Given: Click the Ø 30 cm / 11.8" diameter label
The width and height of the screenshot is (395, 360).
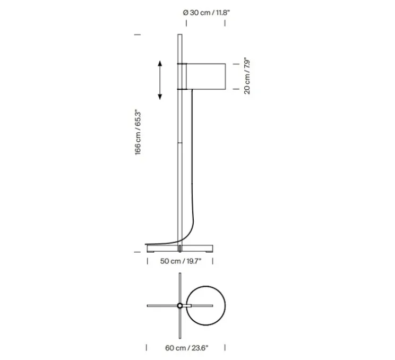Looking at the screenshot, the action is coord(207,13).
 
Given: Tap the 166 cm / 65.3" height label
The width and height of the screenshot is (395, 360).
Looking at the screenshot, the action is coord(138,132).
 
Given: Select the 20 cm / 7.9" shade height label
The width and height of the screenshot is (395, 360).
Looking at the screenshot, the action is coord(247,77).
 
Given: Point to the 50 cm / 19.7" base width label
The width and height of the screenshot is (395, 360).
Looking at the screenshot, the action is coord(181,261).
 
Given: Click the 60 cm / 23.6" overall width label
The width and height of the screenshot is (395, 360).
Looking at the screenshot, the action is coord(187,348).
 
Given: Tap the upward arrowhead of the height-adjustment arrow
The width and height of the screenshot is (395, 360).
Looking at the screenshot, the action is coord(160,63).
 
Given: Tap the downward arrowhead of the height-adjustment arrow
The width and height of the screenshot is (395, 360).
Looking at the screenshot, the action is coord(160,97).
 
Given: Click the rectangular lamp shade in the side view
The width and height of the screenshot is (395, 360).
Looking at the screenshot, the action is coord(206,76).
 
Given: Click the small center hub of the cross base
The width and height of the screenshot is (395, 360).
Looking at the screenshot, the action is coord(179,306).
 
